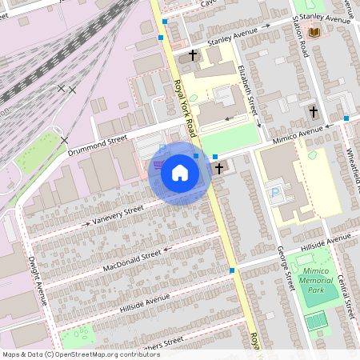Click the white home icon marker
pos(179,172)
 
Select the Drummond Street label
pos(98,145)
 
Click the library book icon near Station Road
pos(314,31)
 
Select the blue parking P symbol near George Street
pos(277,193)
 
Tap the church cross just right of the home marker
pos(219,168)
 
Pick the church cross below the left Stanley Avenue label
pos(192,57)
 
